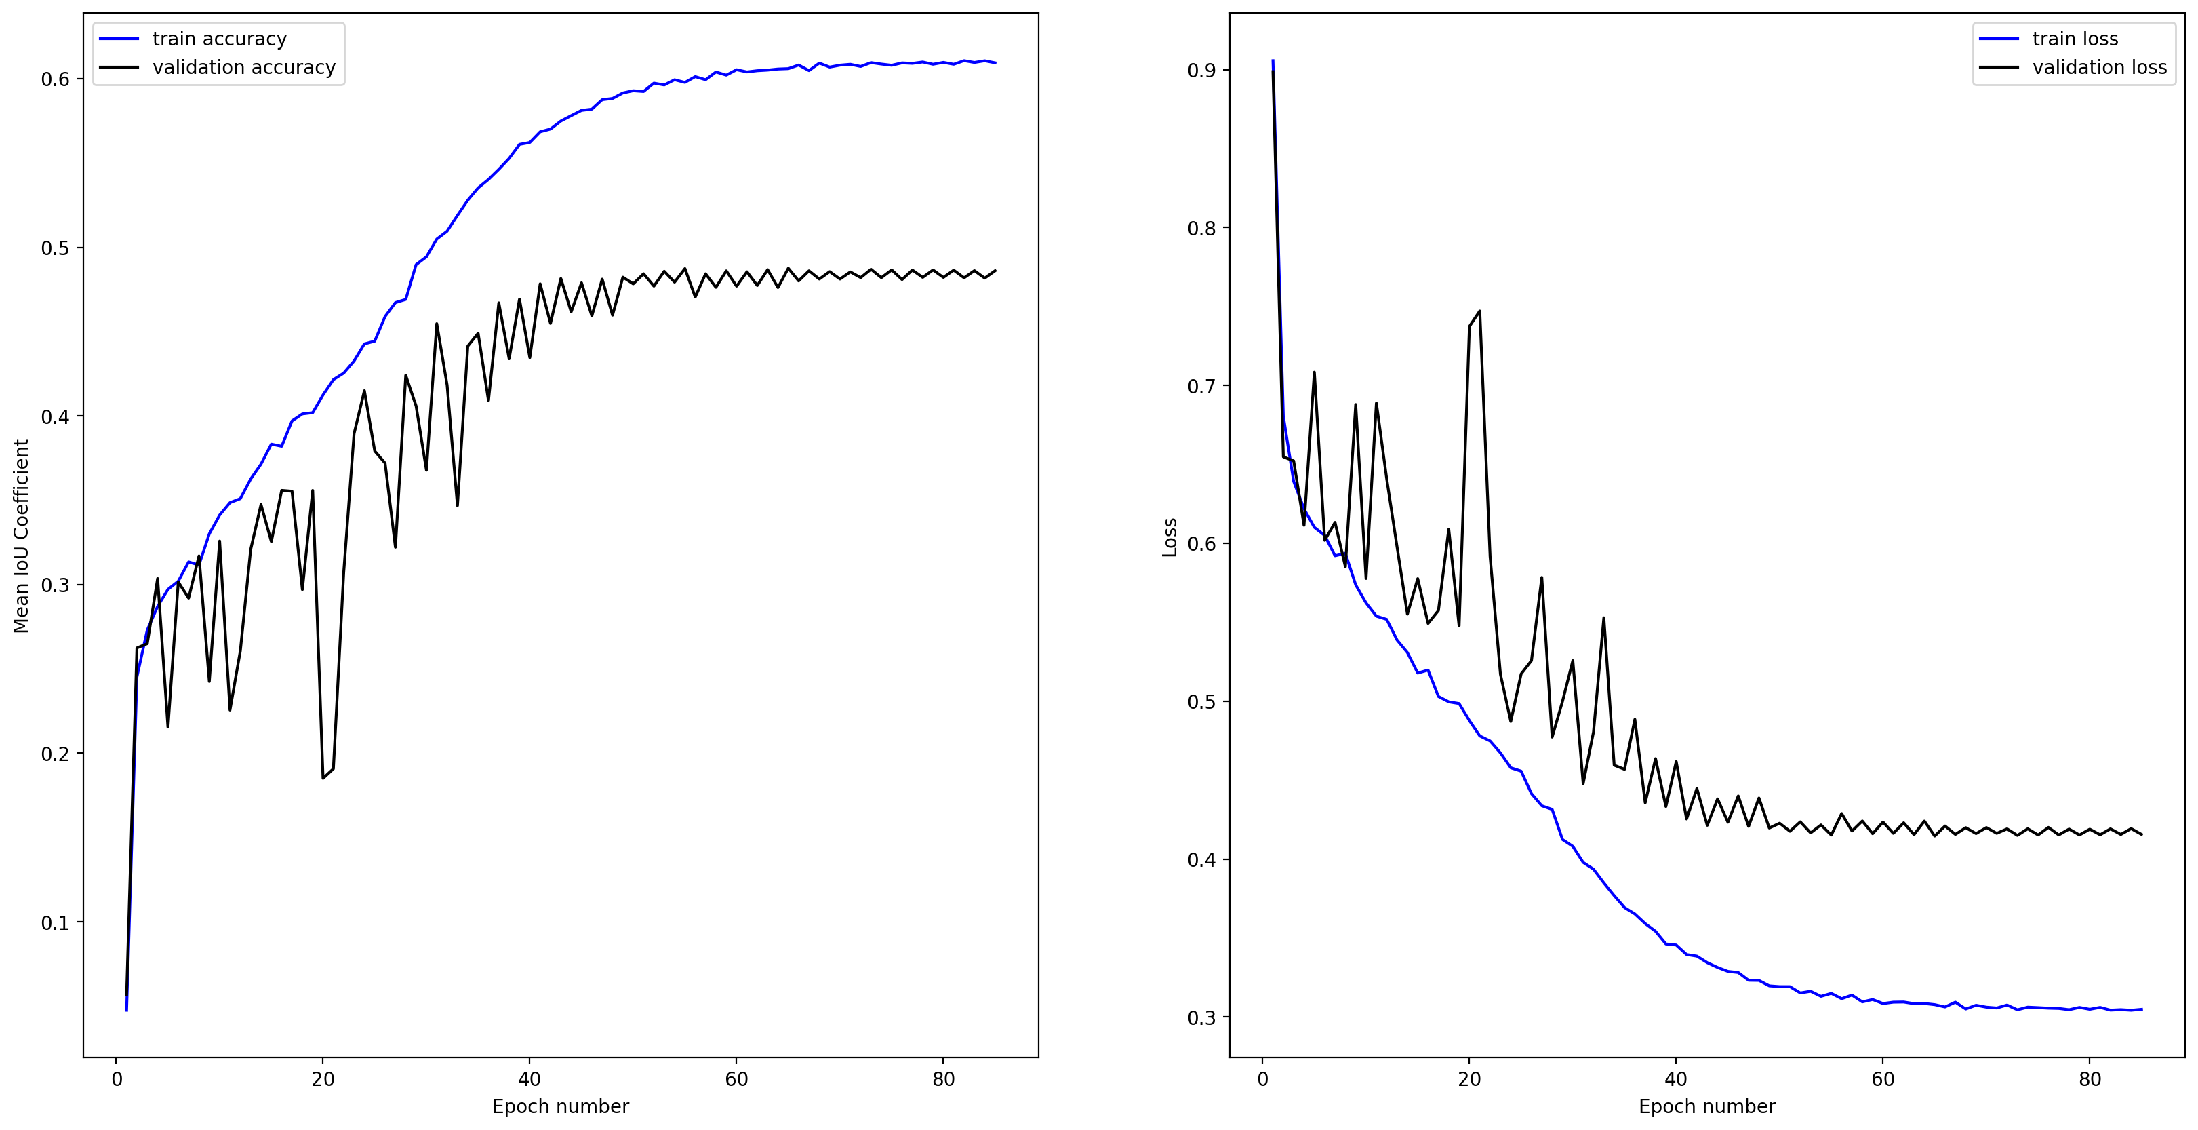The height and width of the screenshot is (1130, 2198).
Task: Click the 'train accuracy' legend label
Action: pos(219,39)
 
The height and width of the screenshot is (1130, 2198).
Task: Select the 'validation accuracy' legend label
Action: pos(244,67)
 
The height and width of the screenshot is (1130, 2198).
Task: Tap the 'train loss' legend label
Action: pos(2075,39)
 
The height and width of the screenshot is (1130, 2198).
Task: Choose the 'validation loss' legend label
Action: pos(2099,67)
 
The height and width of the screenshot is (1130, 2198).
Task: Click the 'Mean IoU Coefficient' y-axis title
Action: pos(21,536)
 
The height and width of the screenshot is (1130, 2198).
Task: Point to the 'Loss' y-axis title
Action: pos(1170,538)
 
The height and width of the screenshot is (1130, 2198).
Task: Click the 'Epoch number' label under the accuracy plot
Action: pos(561,1106)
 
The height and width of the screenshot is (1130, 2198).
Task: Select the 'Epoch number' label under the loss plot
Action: pos(1706,1106)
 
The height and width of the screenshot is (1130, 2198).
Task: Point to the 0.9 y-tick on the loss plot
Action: pos(1202,70)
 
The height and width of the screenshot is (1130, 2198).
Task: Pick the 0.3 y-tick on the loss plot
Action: pos(1202,1017)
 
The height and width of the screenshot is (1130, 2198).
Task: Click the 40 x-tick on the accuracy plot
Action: pos(529,1079)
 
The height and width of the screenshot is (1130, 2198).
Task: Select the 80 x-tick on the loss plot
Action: pos(2090,1079)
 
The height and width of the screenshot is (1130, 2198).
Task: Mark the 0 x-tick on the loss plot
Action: pos(1263,1079)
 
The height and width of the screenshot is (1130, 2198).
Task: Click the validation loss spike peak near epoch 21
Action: pos(1479,311)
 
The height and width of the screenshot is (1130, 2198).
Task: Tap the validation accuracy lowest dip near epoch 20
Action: pos(323,777)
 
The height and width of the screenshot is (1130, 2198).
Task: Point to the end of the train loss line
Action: pos(2141,1009)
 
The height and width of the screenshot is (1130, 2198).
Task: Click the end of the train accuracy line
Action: pos(995,63)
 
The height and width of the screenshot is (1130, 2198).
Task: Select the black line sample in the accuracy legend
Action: pos(119,67)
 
